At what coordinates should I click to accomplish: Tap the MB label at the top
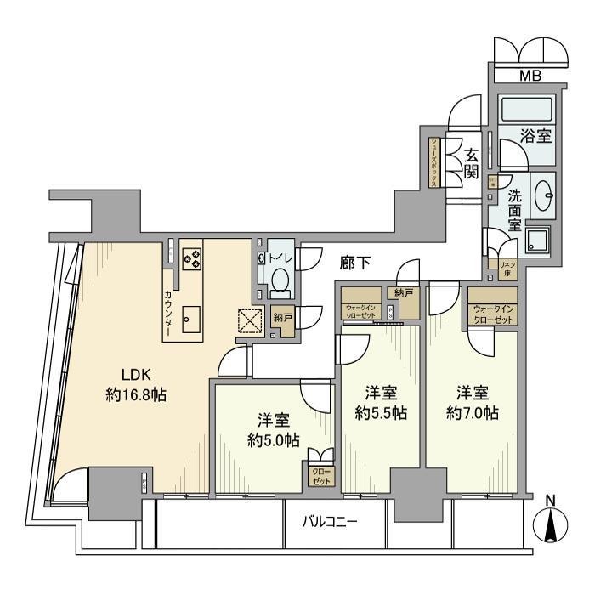[x=530, y=76]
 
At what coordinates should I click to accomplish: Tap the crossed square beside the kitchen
[x=248, y=321]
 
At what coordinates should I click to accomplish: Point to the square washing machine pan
[x=537, y=240]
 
